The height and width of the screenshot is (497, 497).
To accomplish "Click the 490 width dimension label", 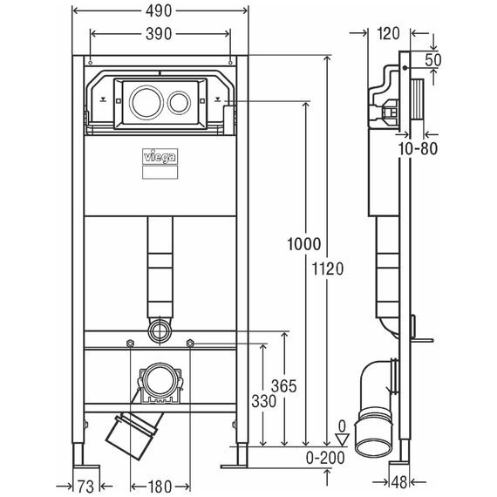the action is pyautogui.click(x=159, y=11).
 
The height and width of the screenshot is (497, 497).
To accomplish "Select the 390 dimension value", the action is pyautogui.click(x=159, y=34).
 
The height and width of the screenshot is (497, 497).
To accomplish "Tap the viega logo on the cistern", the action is pyautogui.click(x=160, y=157).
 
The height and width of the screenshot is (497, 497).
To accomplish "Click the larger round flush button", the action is pyautogui.click(x=145, y=102).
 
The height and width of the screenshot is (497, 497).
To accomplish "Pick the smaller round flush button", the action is pyautogui.click(x=179, y=103).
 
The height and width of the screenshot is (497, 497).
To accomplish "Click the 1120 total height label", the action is pyautogui.click(x=328, y=269).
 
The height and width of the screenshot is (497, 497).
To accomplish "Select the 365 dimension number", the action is pyautogui.click(x=284, y=386).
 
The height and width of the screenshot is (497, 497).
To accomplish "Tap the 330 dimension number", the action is pyautogui.click(x=263, y=401).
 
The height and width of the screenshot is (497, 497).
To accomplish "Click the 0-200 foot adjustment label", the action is pyautogui.click(x=325, y=458).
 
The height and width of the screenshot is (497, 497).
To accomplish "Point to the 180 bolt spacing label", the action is pyautogui.click(x=160, y=487).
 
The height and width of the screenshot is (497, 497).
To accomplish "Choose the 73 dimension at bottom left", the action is pyautogui.click(x=85, y=487).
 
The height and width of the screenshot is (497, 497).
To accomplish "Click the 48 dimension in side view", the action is pyautogui.click(x=399, y=482).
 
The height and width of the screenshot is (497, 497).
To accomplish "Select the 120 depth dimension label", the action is pyautogui.click(x=389, y=34).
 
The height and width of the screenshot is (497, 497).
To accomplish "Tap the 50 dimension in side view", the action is pyautogui.click(x=433, y=60).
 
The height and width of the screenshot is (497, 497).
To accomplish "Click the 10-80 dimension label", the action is pyautogui.click(x=418, y=148).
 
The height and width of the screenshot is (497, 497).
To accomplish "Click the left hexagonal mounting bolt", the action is pyautogui.click(x=130, y=343).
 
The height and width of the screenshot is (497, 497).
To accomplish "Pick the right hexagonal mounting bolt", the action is pyautogui.click(x=190, y=343).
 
